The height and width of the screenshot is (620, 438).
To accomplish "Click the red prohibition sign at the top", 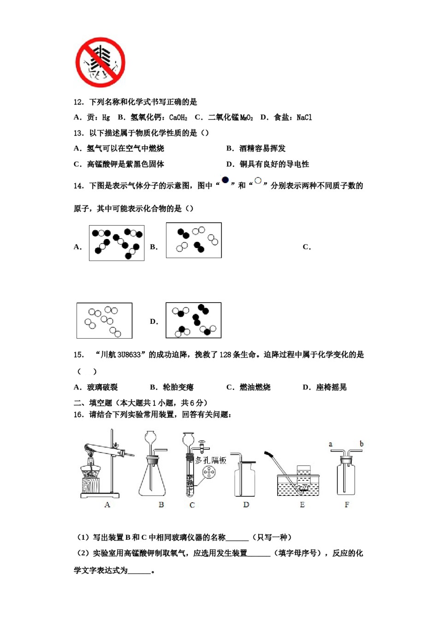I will (100, 63).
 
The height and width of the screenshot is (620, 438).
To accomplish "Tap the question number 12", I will (78, 102).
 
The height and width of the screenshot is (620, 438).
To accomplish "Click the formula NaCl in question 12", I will (304, 118).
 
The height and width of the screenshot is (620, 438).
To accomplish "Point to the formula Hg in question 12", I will (106, 118).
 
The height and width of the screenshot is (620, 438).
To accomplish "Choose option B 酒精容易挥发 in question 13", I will (256, 149).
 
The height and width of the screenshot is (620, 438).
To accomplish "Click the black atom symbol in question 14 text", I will (225, 180).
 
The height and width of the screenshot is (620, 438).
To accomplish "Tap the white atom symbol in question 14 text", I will (258, 180).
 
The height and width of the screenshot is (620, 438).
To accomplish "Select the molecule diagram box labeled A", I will (117, 243).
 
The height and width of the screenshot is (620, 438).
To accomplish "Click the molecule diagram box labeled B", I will (194, 240).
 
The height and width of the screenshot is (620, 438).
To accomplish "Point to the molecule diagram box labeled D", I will (193, 320).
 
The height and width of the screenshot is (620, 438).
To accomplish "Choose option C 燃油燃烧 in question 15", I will (249, 387).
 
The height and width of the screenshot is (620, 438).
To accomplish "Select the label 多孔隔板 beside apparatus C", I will (211, 460).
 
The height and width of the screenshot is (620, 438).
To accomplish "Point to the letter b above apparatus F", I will (361, 444).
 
